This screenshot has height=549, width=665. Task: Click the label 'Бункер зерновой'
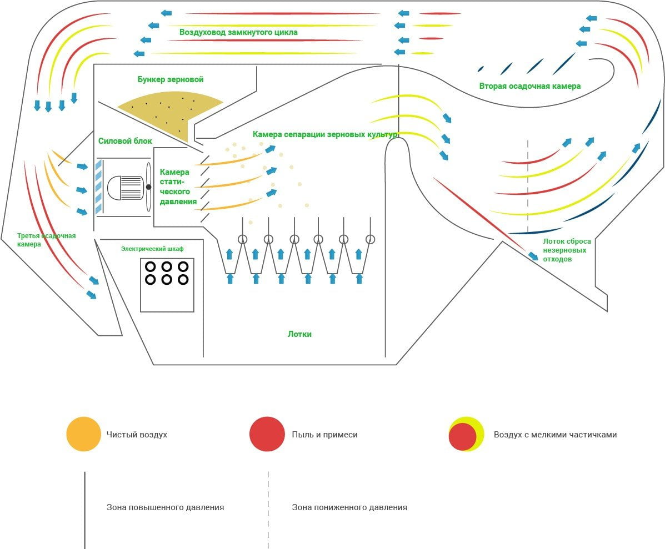coord(171,79)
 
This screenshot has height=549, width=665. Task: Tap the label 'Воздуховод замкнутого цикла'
coord(238,32)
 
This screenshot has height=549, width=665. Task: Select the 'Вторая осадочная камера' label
coord(529,86)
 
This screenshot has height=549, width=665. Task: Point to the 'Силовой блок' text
coord(125,141)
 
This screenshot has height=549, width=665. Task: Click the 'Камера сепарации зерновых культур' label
coord(326,134)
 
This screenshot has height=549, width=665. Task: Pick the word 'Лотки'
coord(299,334)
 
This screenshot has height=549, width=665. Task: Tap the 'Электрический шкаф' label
coord(152,249)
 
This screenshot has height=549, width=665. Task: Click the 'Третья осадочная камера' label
coord(46,240)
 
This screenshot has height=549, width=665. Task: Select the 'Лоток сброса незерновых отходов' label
coord(567,250)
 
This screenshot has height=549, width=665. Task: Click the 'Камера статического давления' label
coord(178,187)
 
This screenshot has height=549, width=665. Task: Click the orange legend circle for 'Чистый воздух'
coord(83,434)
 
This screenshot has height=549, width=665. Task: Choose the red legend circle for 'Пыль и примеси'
coord(267,434)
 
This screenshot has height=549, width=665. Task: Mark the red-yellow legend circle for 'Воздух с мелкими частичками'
coord(466,434)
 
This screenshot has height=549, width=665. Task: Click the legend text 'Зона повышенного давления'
coord(165,507)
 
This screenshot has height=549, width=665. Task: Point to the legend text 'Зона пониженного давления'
coord(349,507)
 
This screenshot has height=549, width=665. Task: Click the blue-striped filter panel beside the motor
coord(98,187)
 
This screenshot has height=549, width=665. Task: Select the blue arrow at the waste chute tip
coord(533,256)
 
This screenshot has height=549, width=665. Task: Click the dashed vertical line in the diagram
coord(528,187)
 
